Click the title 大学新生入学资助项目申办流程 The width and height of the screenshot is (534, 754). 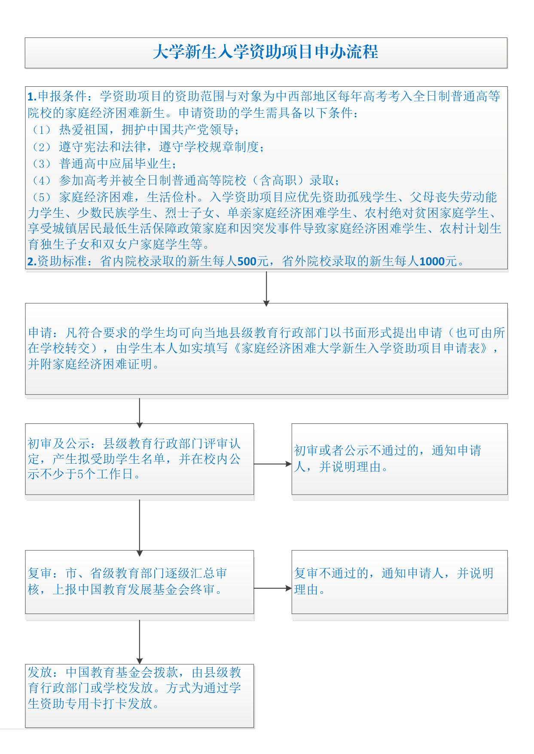pyautogui.click(x=265, y=52)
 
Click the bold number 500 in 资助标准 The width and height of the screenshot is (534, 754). pyautogui.click(x=247, y=261)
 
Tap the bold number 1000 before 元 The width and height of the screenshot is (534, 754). pyautogui.click(x=432, y=261)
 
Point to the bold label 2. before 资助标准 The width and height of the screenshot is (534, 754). pyautogui.click(x=32, y=261)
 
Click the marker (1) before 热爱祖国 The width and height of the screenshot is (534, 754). pyautogui.click(x=42, y=130)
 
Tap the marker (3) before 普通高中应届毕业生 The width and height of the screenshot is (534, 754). pyautogui.click(x=42, y=164)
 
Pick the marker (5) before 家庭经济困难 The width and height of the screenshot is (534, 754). pyautogui.click(x=42, y=197)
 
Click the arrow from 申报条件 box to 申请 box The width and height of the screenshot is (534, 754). pyautogui.click(x=266, y=288)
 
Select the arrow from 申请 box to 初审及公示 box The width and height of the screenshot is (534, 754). pyautogui.click(x=140, y=411)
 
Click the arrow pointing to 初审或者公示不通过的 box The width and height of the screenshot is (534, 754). pyautogui.click(x=273, y=464)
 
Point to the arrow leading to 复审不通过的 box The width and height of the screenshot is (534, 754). pyautogui.click(x=273, y=588)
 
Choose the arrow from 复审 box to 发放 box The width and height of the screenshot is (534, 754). pyautogui.click(x=140, y=641)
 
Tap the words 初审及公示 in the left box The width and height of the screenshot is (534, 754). pyautogui.click(x=59, y=444)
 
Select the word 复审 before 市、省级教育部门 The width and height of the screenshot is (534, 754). pyautogui.click(x=40, y=573)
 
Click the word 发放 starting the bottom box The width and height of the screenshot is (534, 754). pyautogui.click(x=40, y=672)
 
